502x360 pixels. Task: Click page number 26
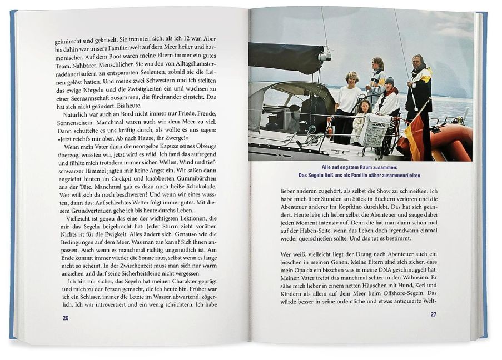[x=65, y=318]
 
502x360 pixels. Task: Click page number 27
[x=433, y=314]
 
